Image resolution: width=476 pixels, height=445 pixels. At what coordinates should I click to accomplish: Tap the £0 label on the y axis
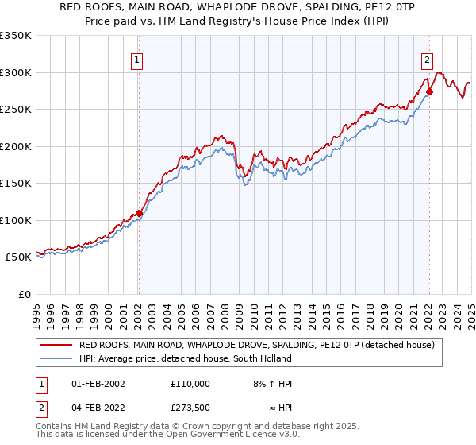point(24,294)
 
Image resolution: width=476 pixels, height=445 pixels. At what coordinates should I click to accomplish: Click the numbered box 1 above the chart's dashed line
point(137,59)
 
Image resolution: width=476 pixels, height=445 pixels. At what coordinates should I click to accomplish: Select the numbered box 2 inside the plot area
point(427,59)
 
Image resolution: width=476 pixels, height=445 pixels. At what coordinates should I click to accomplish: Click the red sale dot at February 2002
point(139,213)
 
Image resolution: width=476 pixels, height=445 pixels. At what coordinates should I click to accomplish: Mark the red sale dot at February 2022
point(429,92)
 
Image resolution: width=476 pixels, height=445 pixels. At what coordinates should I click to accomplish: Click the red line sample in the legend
point(55,346)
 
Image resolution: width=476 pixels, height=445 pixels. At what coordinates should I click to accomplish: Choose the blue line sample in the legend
point(55,358)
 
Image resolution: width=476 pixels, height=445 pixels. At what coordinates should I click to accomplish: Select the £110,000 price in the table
point(190,384)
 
